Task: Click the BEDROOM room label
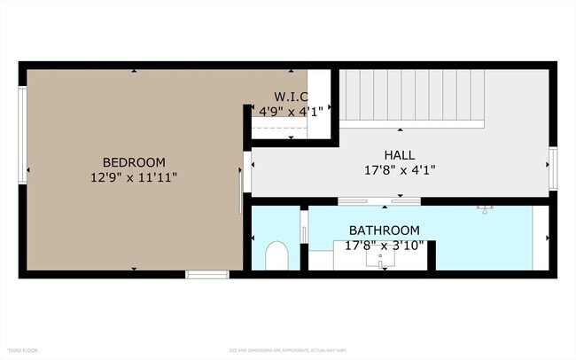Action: click(134, 162)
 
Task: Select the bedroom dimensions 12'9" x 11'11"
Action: click(134, 177)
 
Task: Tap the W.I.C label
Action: click(292, 97)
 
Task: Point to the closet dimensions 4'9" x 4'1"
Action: click(292, 112)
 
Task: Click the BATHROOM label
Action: click(384, 231)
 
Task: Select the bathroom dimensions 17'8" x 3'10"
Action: click(384, 246)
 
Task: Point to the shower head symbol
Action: click(484, 209)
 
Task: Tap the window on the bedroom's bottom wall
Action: click(207, 275)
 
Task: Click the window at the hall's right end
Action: click(552, 168)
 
